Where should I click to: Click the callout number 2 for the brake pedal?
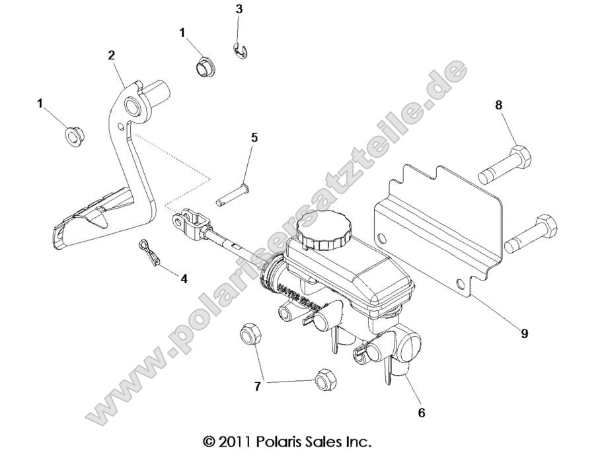coord(112,55)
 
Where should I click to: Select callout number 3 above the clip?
coord(239,9)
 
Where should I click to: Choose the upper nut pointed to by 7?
coord(249,333)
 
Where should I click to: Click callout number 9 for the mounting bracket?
coord(524,334)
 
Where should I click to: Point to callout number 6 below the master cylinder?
coord(421,413)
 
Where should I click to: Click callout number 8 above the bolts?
coord(499,104)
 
